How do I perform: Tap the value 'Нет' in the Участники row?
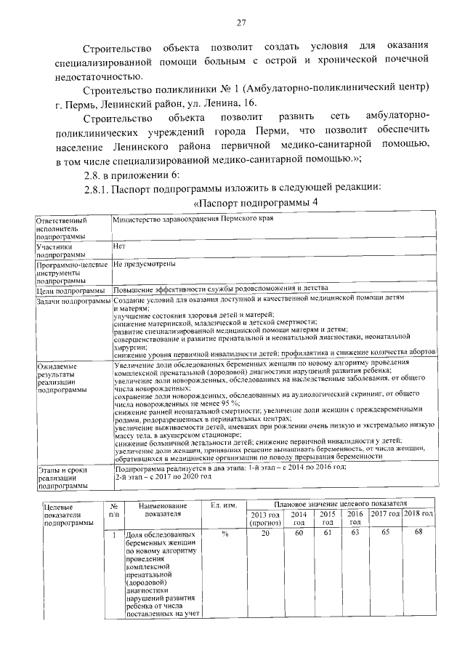pos(120,246)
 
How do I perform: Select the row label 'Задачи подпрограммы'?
pos(73,300)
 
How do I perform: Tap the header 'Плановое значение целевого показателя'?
pos(340,503)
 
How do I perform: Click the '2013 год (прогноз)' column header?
pos(265,518)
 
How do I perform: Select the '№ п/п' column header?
pos(113,510)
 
